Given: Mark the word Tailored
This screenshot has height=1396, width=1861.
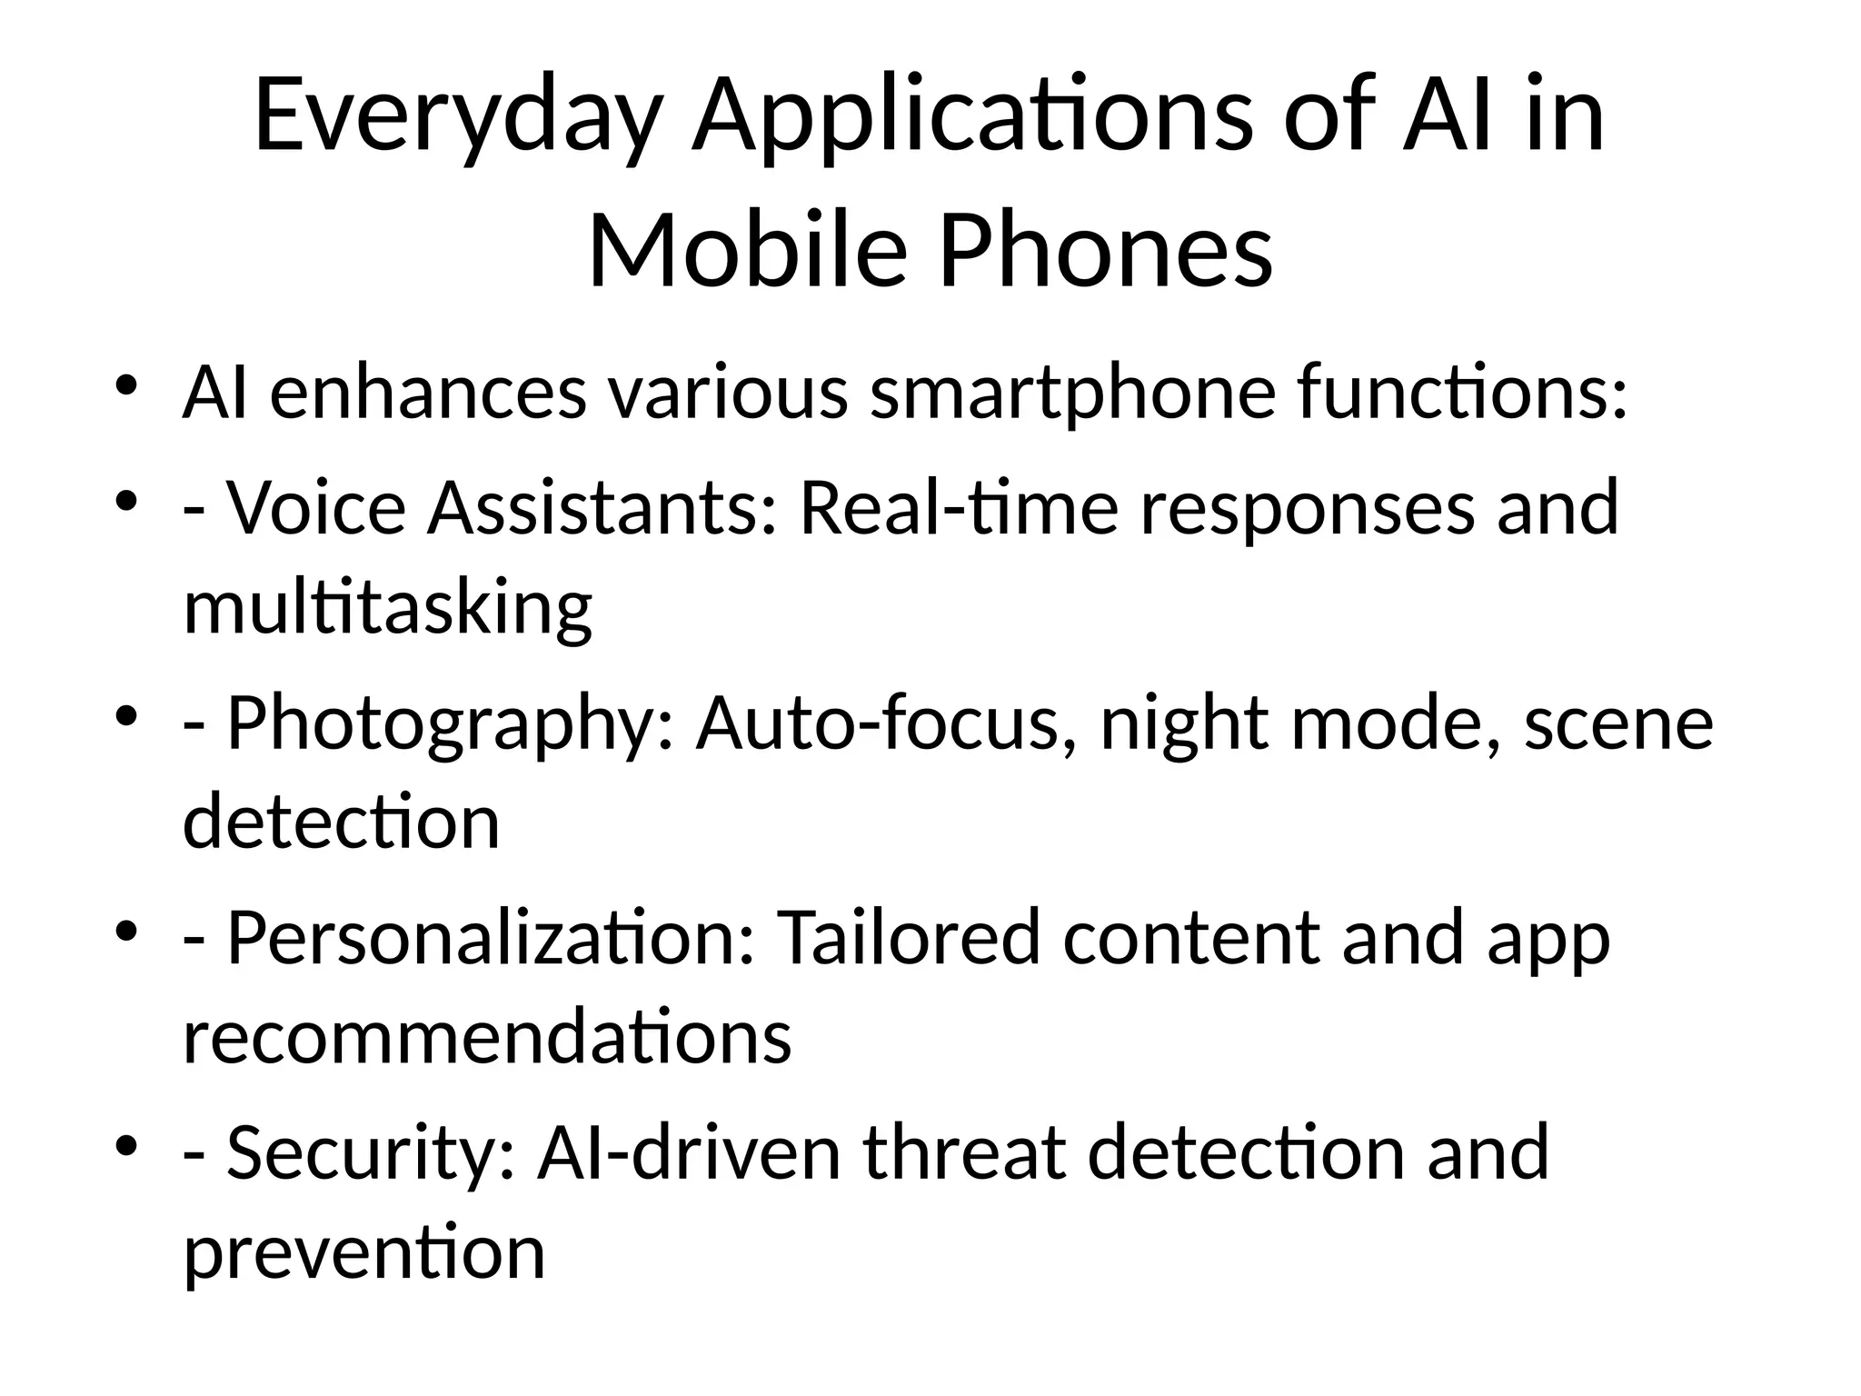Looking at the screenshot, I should (x=909, y=938).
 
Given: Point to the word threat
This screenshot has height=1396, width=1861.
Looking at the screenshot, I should (x=963, y=1152).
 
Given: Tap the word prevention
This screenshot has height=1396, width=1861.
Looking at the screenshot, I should (x=363, y=1252).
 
